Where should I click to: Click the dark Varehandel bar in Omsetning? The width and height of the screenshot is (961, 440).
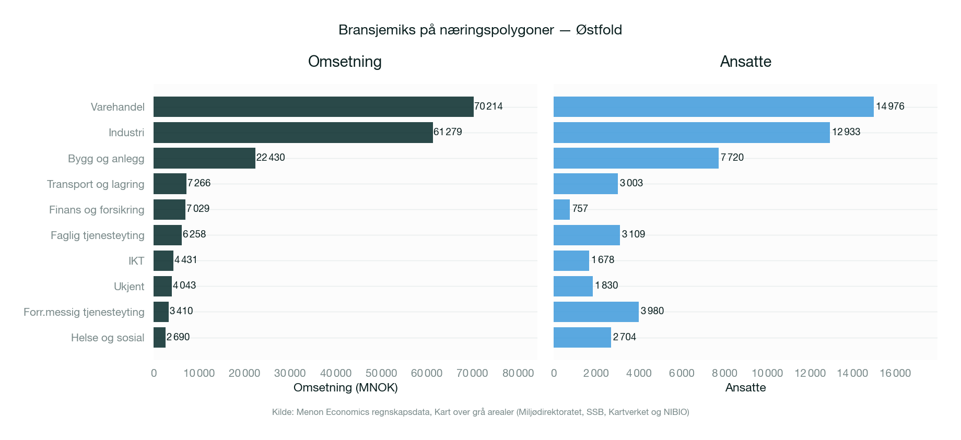point(313,106)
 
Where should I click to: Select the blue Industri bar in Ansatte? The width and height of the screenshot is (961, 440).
point(692,132)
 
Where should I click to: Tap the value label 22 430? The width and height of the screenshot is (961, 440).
point(271,158)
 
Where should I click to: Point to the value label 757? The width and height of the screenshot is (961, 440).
point(580,209)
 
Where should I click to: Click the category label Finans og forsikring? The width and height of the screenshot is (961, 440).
point(97,210)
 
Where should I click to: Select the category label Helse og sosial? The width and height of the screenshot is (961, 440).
point(108,338)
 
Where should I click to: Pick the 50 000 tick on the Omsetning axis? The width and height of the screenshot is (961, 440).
point(381,373)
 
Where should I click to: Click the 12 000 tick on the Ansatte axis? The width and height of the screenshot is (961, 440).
point(810,373)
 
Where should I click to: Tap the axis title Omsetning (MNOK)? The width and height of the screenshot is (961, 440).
point(345,388)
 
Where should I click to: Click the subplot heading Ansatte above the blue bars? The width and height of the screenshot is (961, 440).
point(745,62)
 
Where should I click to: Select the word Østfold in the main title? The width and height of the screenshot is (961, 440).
point(599,30)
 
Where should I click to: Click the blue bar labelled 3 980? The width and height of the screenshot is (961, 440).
point(596,312)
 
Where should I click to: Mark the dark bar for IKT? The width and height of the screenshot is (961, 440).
point(163,260)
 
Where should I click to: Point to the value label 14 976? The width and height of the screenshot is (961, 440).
point(890,106)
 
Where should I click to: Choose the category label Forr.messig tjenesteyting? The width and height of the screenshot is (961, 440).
point(84,312)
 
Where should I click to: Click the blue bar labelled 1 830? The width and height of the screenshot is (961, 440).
point(573,286)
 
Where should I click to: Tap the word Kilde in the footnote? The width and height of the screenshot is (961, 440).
point(283,412)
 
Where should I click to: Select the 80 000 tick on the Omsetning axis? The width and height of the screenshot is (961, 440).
point(518,373)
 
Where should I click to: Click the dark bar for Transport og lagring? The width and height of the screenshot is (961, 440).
point(170,184)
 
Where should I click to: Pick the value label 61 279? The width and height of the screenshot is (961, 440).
point(448,132)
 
